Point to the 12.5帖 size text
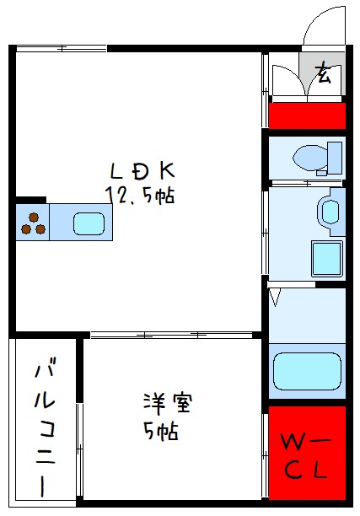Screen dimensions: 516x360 [x=139, y=196]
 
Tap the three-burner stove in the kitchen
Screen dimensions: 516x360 [x=33, y=222]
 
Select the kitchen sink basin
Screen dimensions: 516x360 [x=88, y=223]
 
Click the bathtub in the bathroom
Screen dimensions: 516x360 [x=307, y=371]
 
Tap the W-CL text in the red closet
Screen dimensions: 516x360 [x=307, y=455]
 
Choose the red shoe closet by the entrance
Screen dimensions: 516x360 [x=307, y=116]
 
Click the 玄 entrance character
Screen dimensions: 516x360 [x=323, y=74]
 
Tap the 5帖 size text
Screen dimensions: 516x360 [x=159, y=431]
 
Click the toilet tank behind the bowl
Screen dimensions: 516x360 [x=335, y=157]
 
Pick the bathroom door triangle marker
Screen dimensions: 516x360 [x=275, y=296]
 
